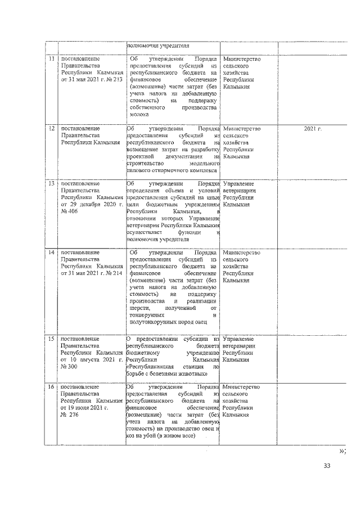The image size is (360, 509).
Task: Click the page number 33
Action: click(x=327, y=466)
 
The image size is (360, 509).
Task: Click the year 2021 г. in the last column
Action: click(x=312, y=129)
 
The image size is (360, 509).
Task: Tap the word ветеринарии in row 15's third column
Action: click(x=239, y=346)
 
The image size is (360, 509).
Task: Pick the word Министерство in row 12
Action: click(x=241, y=129)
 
